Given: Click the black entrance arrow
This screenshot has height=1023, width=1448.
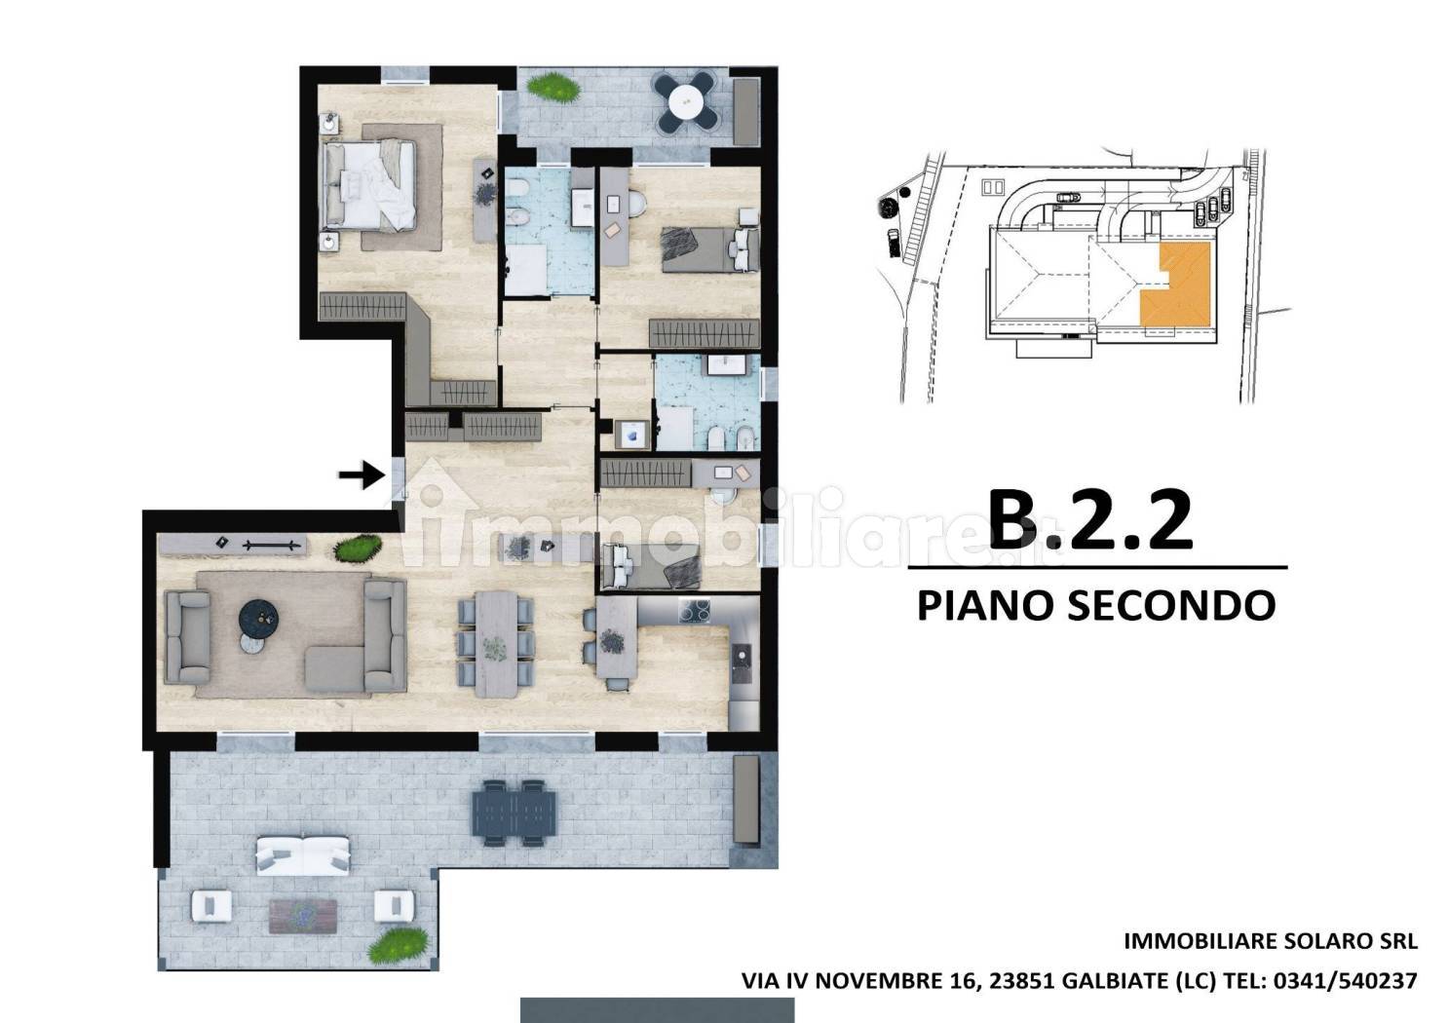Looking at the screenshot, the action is pyautogui.click(x=362, y=475).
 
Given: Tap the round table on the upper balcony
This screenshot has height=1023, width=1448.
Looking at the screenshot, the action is pyautogui.click(x=685, y=101).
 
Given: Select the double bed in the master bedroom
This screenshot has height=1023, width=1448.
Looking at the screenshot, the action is pyautogui.click(x=369, y=185).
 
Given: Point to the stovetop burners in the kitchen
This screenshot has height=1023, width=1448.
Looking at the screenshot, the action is pyautogui.click(x=694, y=611).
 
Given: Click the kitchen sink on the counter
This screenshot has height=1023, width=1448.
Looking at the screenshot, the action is pyautogui.click(x=742, y=664).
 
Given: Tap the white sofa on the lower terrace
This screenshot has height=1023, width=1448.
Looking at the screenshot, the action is pyautogui.click(x=302, y=855).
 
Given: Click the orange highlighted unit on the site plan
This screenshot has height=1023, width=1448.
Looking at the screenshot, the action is pyautogui.click(x=1175, y=284).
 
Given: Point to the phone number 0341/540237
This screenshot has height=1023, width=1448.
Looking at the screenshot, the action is pyautogui.click(x=1346, y=981).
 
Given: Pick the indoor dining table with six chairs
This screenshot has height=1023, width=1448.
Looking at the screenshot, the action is pyautogui.click(x=496, y=644).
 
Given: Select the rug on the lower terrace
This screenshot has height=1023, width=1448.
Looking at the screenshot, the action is pyautogui.click(x=302, y=916).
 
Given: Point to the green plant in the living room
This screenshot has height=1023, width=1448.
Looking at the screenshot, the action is pyautogui.click(x=357, y=549).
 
